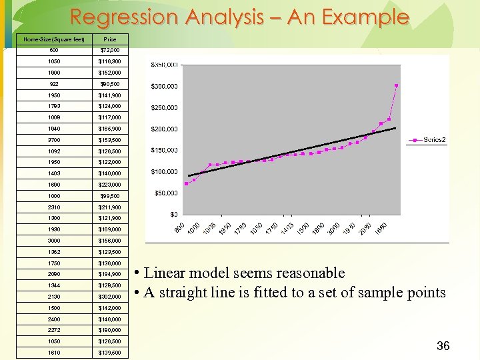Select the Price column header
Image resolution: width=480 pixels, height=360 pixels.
point(110,39)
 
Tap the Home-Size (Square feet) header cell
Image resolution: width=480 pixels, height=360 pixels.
point(53,39)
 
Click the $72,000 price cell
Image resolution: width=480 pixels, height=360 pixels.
point(110,50)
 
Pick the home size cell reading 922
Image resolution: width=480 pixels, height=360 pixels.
point(53,84)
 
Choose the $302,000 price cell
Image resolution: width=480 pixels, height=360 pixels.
point(110,296)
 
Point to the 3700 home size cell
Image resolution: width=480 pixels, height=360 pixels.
point(53,140)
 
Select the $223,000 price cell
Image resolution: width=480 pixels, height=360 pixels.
point(110,185)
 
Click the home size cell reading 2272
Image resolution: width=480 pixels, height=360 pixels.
point(53,330)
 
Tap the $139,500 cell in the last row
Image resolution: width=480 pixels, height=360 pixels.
point(110,352)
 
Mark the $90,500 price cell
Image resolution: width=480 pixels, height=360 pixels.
point(110,84)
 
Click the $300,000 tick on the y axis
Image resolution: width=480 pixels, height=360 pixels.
point(164,87)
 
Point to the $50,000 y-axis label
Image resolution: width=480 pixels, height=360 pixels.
point(166,193)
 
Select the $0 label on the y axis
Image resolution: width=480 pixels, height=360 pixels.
point(173,215)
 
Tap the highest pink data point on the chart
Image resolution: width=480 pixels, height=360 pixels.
point(397,85)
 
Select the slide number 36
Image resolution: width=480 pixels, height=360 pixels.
point(443,345)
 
